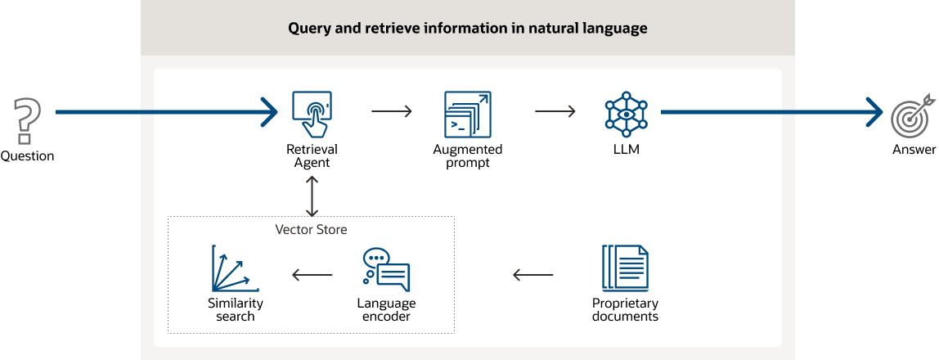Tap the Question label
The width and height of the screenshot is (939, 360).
[27, 156]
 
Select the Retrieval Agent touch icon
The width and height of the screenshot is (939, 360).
[312, 115]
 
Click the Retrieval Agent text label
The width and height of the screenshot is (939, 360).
[312, 156]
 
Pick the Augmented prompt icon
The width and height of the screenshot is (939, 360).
[468, 114]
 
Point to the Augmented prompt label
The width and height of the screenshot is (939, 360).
[468, 156]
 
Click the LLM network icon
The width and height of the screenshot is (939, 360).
[626, 114]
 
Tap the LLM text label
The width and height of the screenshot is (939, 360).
[626, 150]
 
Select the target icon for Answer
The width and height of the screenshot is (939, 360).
[912, 115]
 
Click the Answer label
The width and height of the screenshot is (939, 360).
[914, 150]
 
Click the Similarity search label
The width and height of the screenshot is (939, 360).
[236, 309]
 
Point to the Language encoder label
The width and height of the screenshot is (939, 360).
[386, 309]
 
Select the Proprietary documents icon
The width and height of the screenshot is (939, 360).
[625, 270]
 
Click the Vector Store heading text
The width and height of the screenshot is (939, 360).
[311, 229]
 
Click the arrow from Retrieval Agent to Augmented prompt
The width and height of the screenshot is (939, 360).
[391, 111]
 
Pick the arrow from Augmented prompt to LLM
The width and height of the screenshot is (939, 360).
[555, 111]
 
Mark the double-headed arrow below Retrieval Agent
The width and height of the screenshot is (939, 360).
[312, 196]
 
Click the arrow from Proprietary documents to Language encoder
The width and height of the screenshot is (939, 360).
[532, 275]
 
